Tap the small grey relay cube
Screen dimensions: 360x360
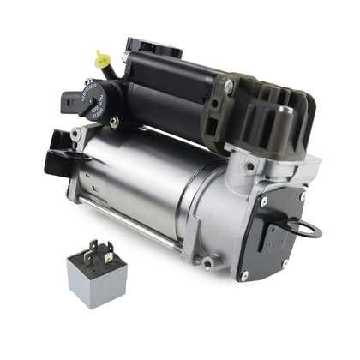(x=97, y=272)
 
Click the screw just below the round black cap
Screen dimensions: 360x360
(x=114, y=122)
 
